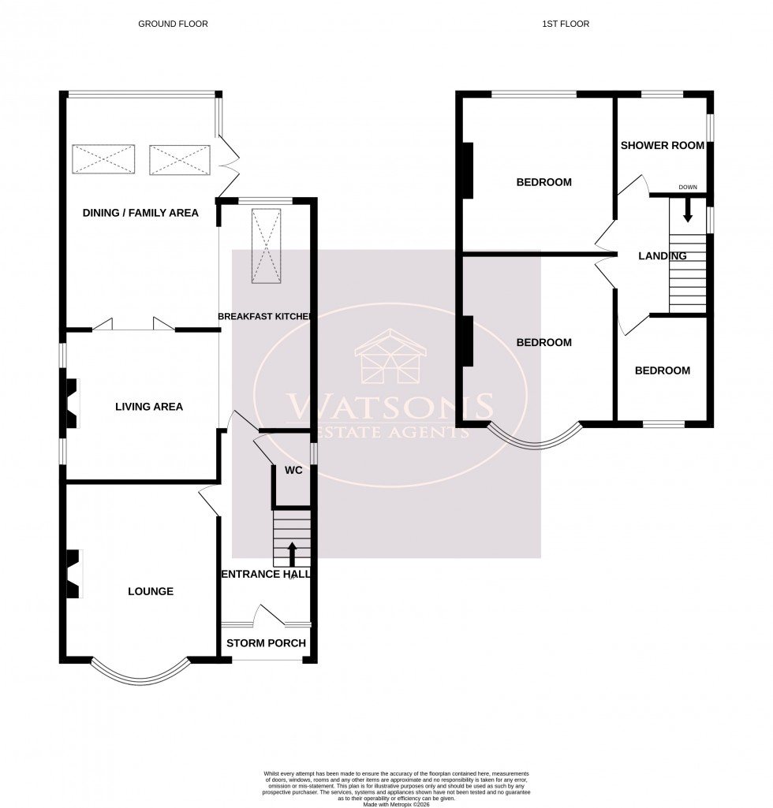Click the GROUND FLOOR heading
pyautogui.click(x=173, y=24)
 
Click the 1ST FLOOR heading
pyautogui.click(x=566, y=24)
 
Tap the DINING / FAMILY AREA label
pyautogui.click(x=140, y=213)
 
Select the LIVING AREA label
pyautogui.click(x=149, y=407)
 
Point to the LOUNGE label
pyautogui.click(x=150, y=591)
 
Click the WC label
pyautogui.click(x=293, y=471)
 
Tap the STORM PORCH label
pyautogui.click(x=266, y=643)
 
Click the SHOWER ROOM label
pyautogui.click(x=661, y=145)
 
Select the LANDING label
pyautogui.click(x=662, y=255)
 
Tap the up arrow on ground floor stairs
pyautogui.click(x=292, y=554)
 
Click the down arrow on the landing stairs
pyautogui.click(x=687, y=208)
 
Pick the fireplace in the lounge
pyautogui.click(x=73, y=575)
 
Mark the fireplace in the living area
pyautogui.click(x=72, y=404)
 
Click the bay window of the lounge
pyautogui.click(x=140, y=672)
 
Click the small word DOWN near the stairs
pyautogui.click(x=687, y=187)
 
